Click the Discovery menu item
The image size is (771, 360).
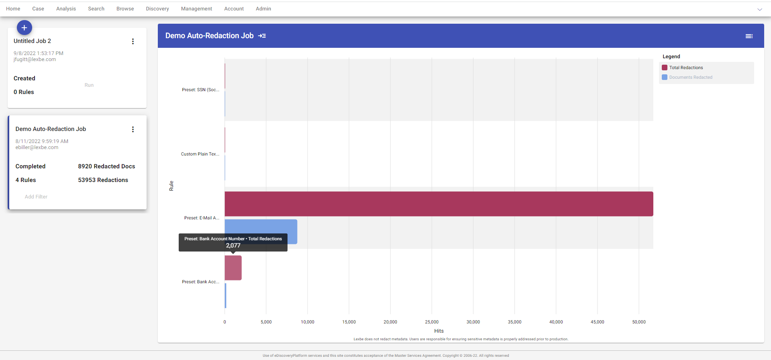157,9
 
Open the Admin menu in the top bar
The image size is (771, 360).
263,9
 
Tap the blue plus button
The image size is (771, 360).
24,28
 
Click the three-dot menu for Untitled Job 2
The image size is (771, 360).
133,41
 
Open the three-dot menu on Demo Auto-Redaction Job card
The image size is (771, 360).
133,129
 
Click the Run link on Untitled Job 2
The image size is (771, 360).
89,85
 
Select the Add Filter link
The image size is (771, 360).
36,197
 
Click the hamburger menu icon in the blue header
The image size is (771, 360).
749,36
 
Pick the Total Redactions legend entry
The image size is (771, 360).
686,68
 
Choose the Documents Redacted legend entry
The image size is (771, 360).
691,78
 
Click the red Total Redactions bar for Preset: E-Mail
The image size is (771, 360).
439,204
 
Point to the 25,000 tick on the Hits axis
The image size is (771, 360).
432,322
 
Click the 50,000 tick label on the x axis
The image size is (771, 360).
639,322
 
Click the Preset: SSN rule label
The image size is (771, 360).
200,90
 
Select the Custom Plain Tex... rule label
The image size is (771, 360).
200,154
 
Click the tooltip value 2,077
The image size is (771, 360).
233,245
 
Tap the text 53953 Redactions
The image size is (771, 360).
103,180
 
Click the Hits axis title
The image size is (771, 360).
439,331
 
